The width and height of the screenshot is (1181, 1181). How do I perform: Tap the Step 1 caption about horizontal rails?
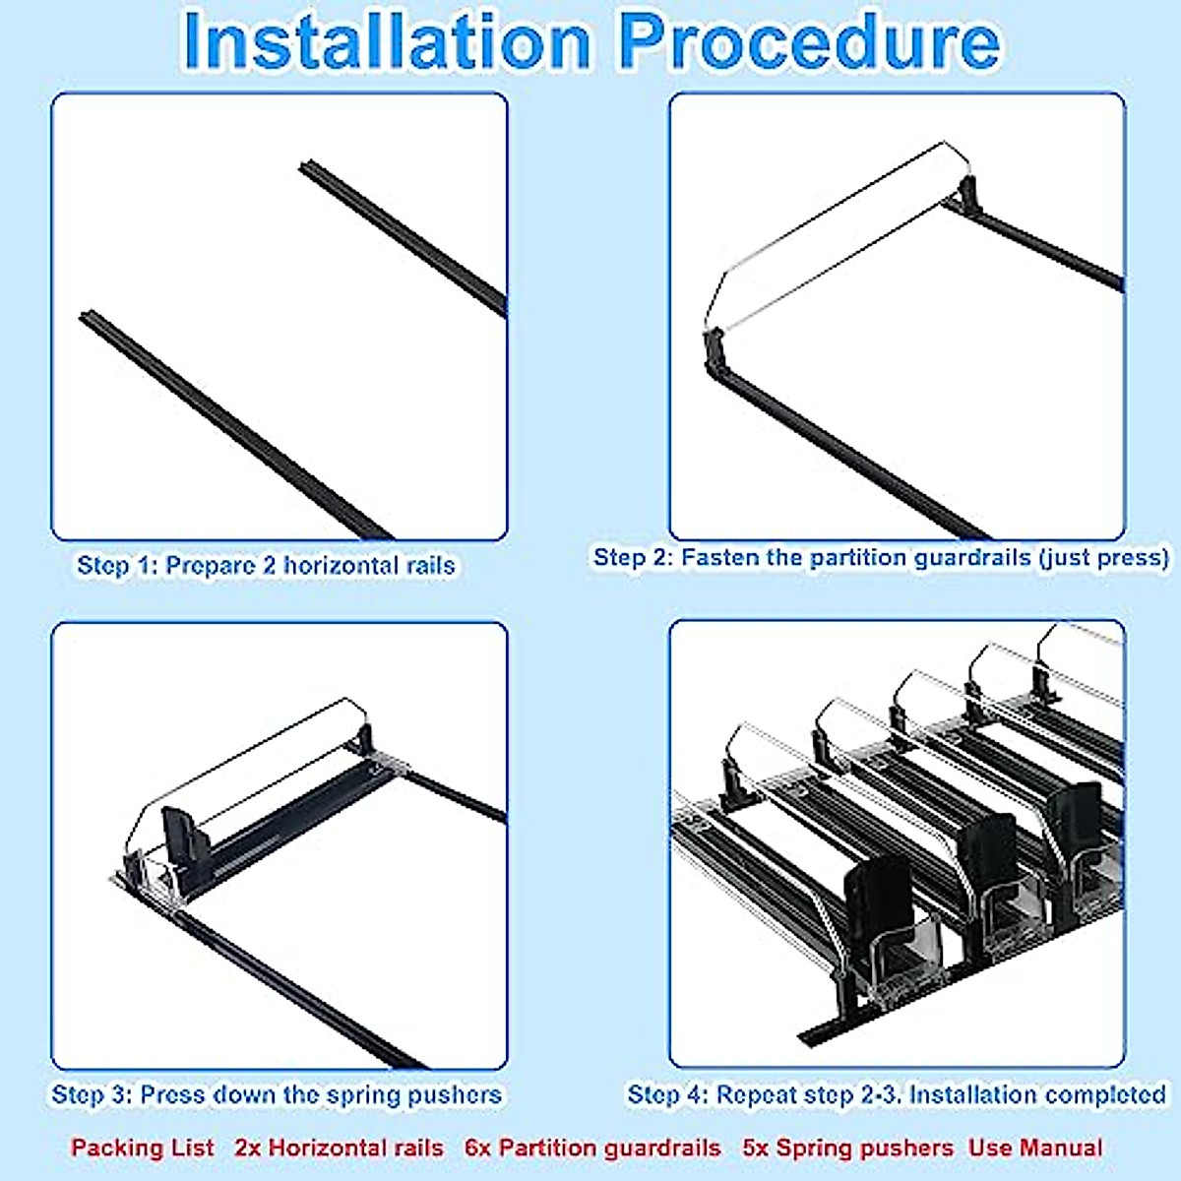[x=266, y=565]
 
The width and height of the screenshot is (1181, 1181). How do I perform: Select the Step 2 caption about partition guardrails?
[x=881, y=558]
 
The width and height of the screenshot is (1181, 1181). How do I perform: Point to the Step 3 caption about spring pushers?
[x=277, y=1094]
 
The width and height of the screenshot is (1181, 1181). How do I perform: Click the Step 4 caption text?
[x=897, y=1094]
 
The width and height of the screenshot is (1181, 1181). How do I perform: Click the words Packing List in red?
[x=142, y=1148]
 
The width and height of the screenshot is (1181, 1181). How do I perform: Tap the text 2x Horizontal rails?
[x=339, y=1148]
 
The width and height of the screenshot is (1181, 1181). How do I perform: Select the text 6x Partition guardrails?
[x=592, y=1148]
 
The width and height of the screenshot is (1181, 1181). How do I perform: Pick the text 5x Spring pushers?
[x=848, y=1148]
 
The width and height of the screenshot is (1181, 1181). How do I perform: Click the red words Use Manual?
[x=1035, y=1148]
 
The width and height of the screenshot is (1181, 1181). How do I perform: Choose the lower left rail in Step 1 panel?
[x=236, y=425]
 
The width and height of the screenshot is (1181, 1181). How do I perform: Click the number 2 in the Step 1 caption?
[x=269, y=565]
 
